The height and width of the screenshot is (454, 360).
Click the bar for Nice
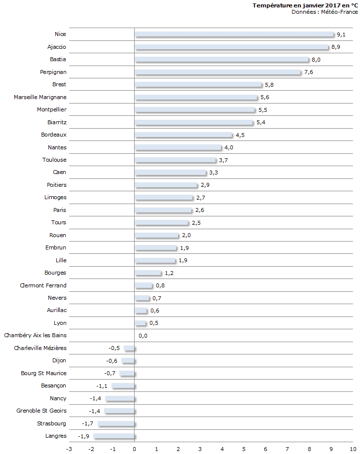pyautogui.click(x=234, y=35)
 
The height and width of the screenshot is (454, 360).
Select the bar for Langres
pyautogui.click(x=114, y=436)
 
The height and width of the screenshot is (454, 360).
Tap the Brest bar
pyautogui.click(x=198, y=85)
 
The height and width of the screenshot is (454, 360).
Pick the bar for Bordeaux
pyautogui.click(x=183, y=135)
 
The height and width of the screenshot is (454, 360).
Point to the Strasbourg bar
pyautogui.click(x=116, y=424)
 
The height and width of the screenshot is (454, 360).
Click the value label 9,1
pyautogui.click(x=341, y=35)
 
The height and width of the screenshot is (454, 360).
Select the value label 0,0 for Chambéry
pyautogui.click(x=143, y=336)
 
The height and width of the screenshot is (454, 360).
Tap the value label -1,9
pyautogui.click(x=84, y=436)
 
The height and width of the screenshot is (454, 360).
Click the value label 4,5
pyautogui.click(x=240, y=135)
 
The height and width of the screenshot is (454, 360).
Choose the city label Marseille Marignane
pyautogui.click(x=40, y=97)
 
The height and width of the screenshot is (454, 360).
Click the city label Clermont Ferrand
pyautogui.click(x=43, y=285)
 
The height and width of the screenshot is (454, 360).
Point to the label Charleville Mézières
pyautogui.click(x=40, y=348)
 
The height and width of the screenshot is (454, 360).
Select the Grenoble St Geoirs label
pyautogui.click(x=41, y=411)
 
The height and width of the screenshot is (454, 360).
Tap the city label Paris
pyautogui.click(x=60, y=210)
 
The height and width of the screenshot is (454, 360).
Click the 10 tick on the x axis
pyautogui.click(x=353, y=449)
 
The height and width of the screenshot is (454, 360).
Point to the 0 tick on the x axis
pyautogui.click(x=134, y=449)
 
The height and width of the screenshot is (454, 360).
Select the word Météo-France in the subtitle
pyautogui.click(x=341, y=12)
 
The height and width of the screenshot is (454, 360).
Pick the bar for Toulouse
pyautogui.click(x=176, y=160)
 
